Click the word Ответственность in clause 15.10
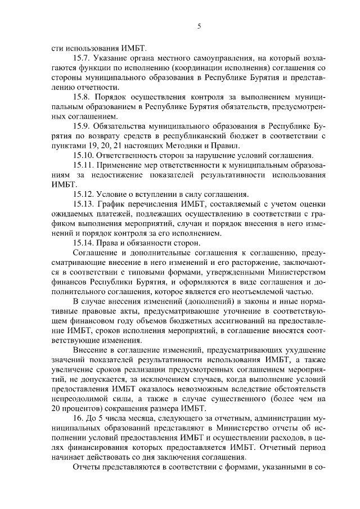129,155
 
